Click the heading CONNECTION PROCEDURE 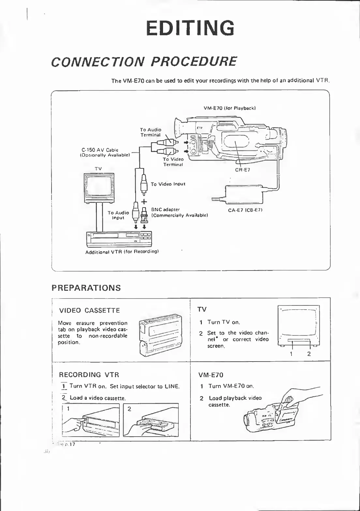click(144, 61)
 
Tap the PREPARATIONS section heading click(86, 288)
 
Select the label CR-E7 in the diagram click(242, 170)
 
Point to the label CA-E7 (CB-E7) click(245, 210)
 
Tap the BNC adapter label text click(180, 212)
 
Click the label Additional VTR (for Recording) click(122, 252)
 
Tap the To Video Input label click(168, 184)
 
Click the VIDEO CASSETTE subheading click(89, 310)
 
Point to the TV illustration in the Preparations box click(298, 327)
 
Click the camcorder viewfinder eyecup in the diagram click(179, 129)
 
